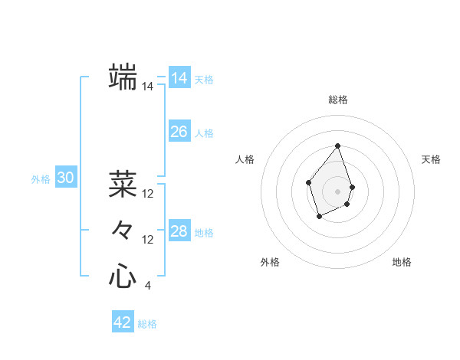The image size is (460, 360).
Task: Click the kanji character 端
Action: pos(123,77)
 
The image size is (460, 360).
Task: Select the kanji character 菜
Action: pos(123,184)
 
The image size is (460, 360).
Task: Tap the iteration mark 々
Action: pos(123,230)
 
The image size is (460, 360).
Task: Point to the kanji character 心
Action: pos(123,276)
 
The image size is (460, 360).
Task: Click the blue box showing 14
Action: pos(179,78)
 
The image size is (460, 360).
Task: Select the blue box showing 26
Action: pos(179,132)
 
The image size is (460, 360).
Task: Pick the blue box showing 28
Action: pos(179,231)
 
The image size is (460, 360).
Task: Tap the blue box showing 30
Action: pos(66,178)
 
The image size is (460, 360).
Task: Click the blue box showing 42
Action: pos(123,322)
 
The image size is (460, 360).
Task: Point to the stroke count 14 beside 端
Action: pos(147,87)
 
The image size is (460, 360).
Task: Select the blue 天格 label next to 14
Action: pos(204,80)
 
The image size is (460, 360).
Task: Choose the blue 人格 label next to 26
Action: pos(204,133)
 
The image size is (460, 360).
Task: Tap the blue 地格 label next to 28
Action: pos(204,233)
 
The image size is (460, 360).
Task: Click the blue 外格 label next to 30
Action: pos(41,179)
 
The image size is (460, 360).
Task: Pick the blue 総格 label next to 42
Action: pos(147,324)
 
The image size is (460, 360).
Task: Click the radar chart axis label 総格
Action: pos(338,100)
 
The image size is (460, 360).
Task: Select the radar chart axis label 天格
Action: pos(432,159)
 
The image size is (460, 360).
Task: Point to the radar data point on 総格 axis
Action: pos(338,146)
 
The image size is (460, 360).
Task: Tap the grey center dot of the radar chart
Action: pos(338,191)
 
